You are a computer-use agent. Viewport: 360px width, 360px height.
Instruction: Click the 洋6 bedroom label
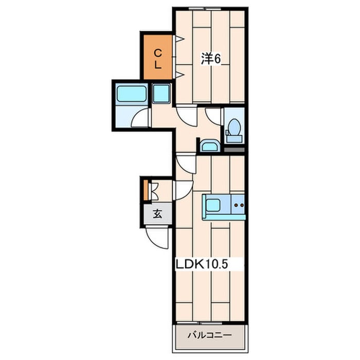click(211, 59)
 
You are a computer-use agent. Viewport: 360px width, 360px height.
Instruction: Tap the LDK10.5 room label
click(202, 264)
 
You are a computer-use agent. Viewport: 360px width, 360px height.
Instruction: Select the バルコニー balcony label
click(210, 335)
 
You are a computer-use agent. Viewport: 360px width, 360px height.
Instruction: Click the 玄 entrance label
click(157, 214)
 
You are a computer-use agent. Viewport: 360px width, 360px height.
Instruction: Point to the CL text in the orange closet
click(157, 60)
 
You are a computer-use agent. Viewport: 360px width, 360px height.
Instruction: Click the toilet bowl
click(235, 127)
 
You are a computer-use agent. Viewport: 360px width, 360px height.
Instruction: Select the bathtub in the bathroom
click(131, 93)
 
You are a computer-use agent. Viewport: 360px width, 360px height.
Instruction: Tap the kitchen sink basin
click(213, 205)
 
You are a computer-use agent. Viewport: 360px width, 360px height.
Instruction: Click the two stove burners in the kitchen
click(239, 204)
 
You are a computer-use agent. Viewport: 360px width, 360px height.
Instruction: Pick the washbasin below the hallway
click(210, 146)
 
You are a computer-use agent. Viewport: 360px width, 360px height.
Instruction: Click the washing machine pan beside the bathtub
click(161, 93)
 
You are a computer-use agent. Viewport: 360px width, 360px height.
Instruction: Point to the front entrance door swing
click(157, 238)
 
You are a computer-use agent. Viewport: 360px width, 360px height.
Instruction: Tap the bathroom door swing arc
click(140, 117)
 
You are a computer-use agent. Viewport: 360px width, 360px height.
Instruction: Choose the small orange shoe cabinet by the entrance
click(146, 190)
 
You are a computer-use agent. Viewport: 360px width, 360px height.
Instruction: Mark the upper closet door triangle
click(180, 39)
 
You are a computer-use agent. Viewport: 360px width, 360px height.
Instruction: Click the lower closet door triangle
click(180, 75)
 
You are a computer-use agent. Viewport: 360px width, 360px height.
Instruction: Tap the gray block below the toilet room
click(234, 150)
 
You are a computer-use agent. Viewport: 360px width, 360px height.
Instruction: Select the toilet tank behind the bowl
click(235, 139)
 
